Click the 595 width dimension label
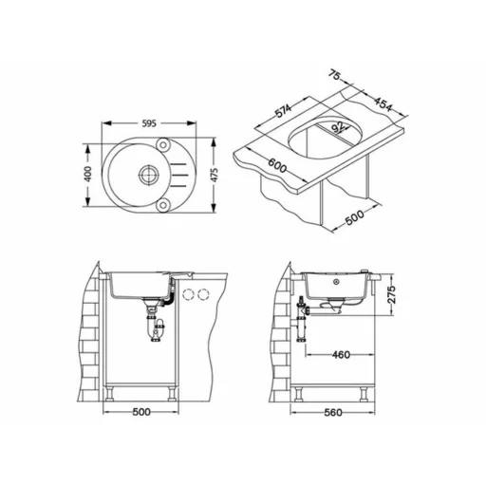pos(149,123)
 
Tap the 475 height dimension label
pos(215,175)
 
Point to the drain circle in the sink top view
pos(148,174)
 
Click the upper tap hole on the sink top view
pos(163,145)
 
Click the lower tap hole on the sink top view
pos(163,205)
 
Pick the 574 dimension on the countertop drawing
pos(283,110)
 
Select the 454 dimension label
pos(383,103)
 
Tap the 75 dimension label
pos(334,75)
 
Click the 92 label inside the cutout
pos(338,127)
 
